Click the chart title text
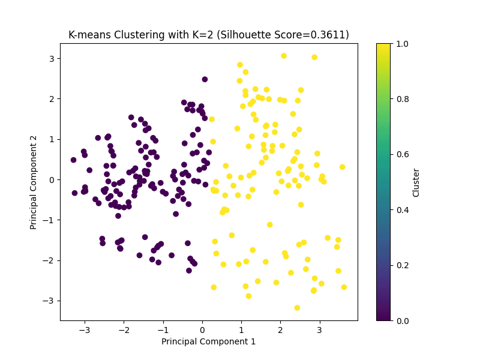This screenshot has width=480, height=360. [x=209, y=35]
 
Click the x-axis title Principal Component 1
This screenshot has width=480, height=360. [x=208, y=341]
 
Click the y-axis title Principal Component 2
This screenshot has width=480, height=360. [x=34, y=182]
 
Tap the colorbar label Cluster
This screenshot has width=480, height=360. [x=416, y=182]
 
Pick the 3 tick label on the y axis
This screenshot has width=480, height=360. [x=52, y=58]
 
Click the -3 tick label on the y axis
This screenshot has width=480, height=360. [x=49, y=301]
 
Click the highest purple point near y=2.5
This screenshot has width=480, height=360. [x=205, y=79]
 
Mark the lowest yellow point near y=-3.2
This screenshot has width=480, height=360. [x=297, y=308]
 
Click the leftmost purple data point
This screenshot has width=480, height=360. [x=73, y=160]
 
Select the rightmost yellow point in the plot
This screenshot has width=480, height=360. [x=344, y=287]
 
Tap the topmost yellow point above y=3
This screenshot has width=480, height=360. [x=284, y=56]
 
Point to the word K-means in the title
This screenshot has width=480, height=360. [x=89, y=35]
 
